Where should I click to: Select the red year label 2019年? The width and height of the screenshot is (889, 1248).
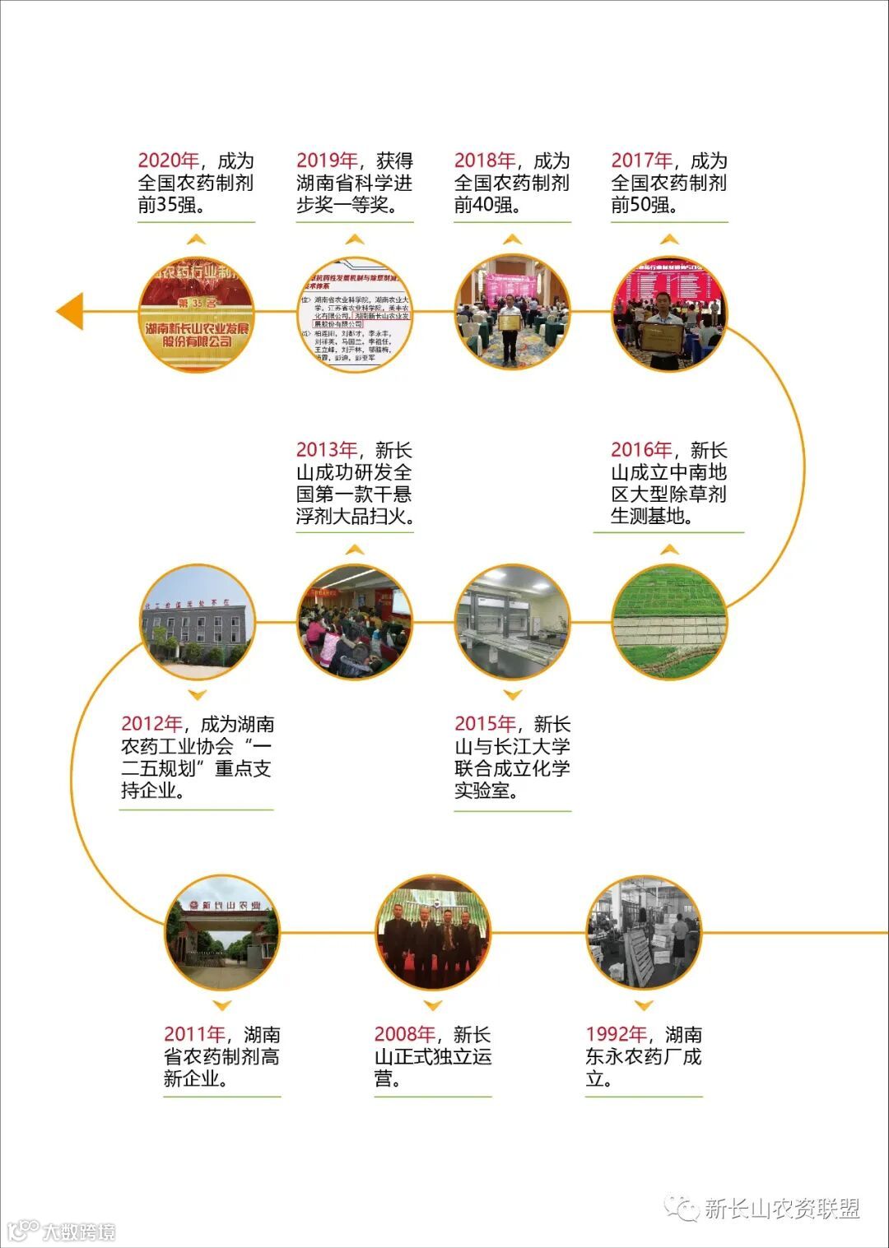tap(327, 161)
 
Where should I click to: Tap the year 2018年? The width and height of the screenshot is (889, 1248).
tap(485, 161)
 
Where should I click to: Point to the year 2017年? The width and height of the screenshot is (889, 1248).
tap(642, 161)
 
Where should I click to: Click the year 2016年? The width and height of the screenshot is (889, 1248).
tap(641, 450)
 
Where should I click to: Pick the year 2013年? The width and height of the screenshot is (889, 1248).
tap(327, 450)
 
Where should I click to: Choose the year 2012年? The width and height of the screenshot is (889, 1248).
tap(151, 724)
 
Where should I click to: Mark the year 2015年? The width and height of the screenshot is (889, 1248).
tap(485, 724)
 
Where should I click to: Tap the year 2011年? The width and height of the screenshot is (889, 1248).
tap(194, 1034)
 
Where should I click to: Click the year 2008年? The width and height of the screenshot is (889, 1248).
tap(405, 1034)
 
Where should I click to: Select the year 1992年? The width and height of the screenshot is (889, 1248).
tap(617, 1034)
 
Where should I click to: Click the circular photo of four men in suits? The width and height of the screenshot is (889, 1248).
tap(432, 933)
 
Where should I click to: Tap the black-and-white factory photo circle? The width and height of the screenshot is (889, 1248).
tap(644, 933)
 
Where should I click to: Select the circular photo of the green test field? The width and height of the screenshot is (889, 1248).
tap(669, 622)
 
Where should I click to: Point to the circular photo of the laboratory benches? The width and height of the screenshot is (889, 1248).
tap(512, 622)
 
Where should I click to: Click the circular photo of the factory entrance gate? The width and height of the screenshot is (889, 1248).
tap(222, 933)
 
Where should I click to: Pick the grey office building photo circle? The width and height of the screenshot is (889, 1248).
tap(198, 622)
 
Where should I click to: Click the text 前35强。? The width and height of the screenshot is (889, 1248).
tap(171, 205)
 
